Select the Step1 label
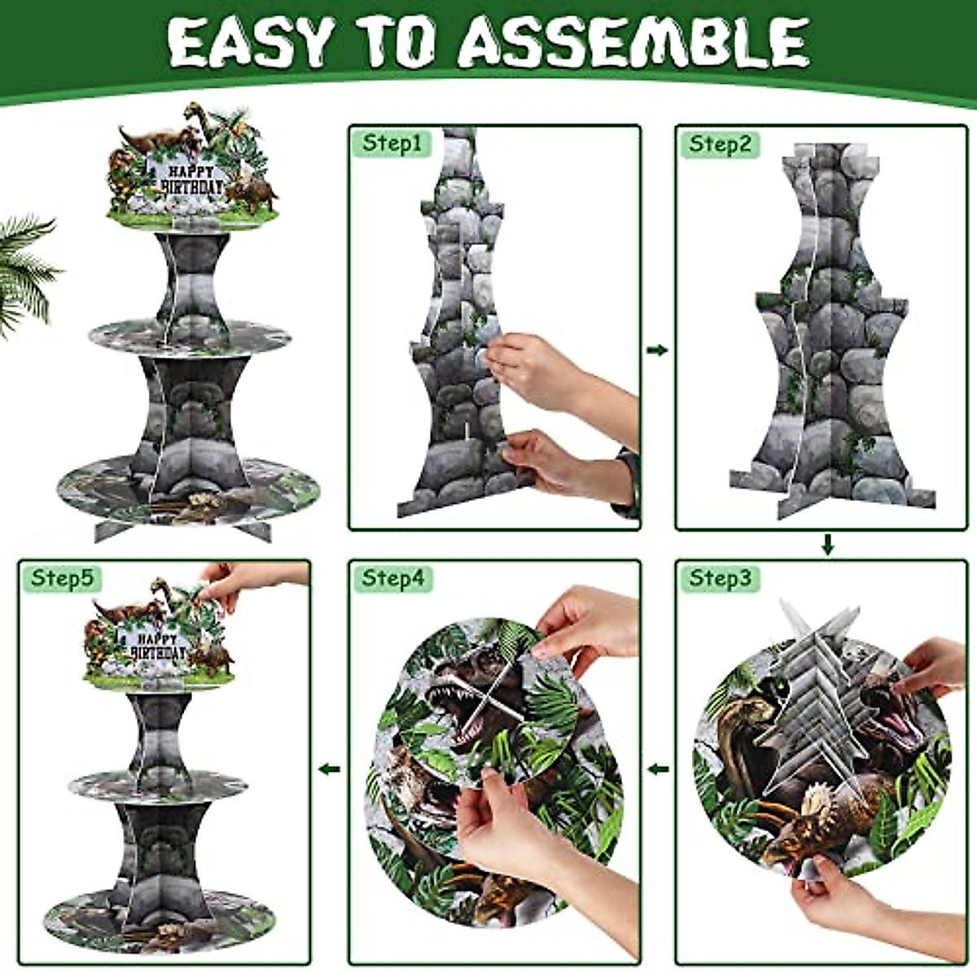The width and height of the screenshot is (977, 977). [392, 144]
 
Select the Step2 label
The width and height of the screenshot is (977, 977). [720, 144]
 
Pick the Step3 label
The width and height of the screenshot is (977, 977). [720, 578]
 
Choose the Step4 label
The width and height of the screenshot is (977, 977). [392, 578]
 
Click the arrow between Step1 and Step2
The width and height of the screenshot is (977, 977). [657, 350]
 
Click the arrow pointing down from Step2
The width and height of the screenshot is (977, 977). [827, 545]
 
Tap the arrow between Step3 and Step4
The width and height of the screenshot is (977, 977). [658, 768]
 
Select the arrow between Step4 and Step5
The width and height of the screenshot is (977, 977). [329, 768]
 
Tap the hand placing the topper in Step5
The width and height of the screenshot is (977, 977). [236, 580]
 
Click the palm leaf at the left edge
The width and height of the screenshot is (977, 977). [24, 269]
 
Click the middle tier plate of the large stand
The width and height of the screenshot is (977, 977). [190, 335]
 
